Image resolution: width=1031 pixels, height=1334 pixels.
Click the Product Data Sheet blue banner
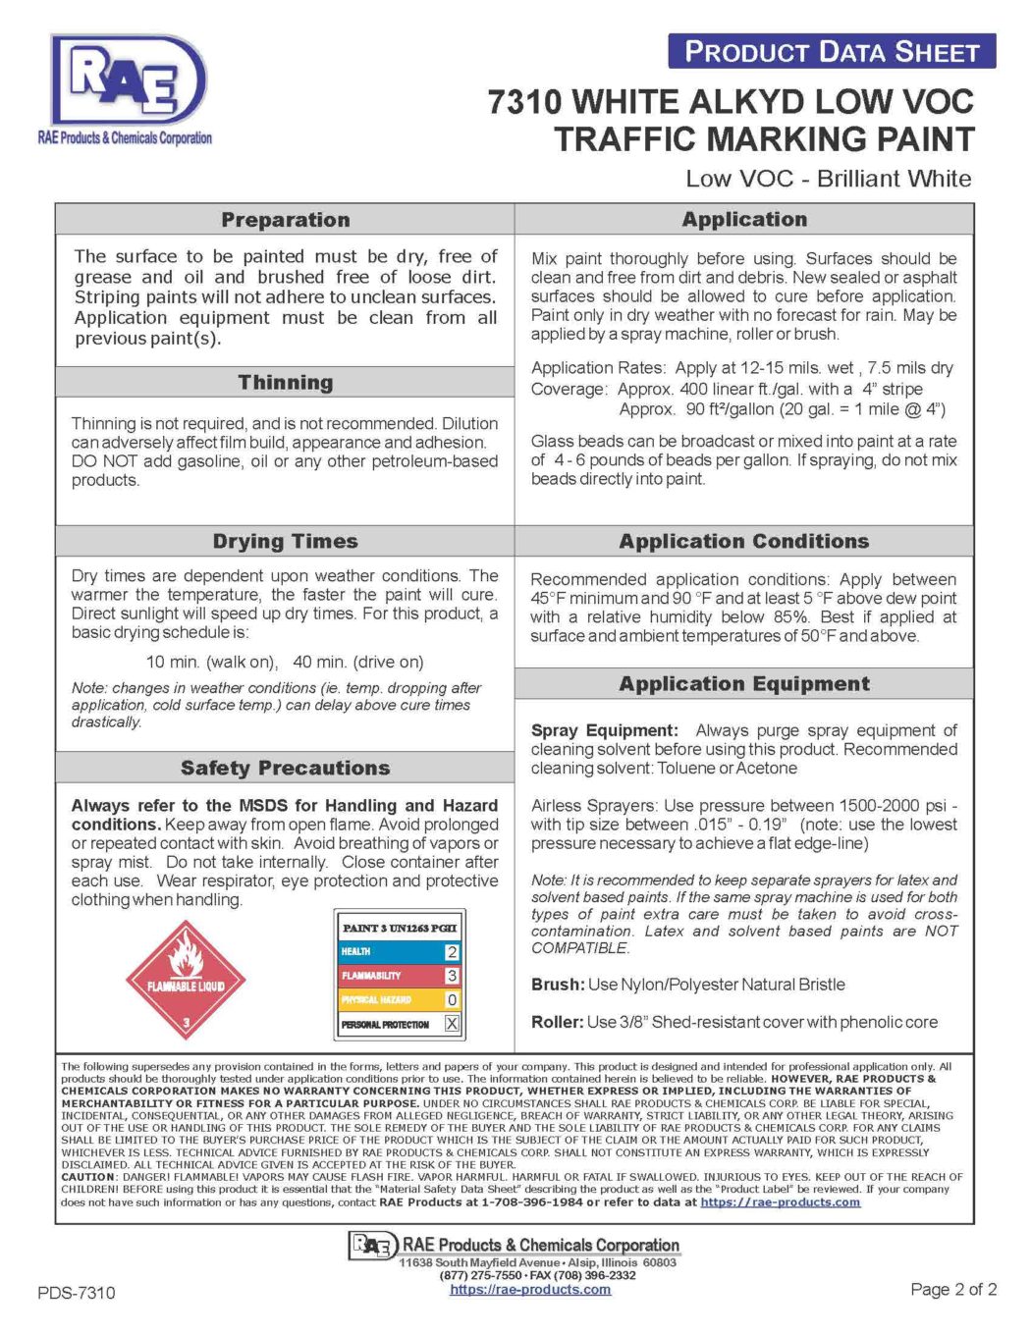click(x=831, y=51)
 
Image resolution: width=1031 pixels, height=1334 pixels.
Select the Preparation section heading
click(x=285, y=220)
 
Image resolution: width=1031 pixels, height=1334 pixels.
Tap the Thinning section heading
click(x=285, y=383)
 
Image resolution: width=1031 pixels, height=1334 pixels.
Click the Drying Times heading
click(x=285, y=542)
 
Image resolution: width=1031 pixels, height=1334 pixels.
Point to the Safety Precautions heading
click(x=285, y=769)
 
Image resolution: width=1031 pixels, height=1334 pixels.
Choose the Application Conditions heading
click(x=743, y=542)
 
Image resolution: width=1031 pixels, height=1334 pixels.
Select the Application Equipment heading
click(x=743, y=684)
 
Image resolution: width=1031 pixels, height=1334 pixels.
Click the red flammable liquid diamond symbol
click(x=186, y=980)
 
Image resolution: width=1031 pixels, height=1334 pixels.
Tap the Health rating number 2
click(x=452, y=952)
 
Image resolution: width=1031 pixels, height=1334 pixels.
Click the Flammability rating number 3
click(x=452, y=976)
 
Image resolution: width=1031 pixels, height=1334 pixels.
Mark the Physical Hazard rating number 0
click(x=452, y=1000)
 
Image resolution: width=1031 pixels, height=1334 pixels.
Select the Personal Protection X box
click(x=452, y=1024)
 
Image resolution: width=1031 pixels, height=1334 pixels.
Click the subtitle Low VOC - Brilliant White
click(x=828, y=179)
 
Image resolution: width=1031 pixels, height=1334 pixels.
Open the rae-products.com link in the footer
click(x=530, y=1290)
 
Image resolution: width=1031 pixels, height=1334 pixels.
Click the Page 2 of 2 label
click(x=952, y=1290)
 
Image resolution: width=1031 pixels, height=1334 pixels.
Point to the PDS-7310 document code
click(x=77, y=1293)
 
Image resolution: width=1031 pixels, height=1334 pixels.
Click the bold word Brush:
click(x=558, y=985)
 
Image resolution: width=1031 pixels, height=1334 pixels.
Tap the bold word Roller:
click(x=558, y=1023)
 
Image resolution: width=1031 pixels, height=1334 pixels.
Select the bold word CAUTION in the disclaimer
click(x=88, y=1177)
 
